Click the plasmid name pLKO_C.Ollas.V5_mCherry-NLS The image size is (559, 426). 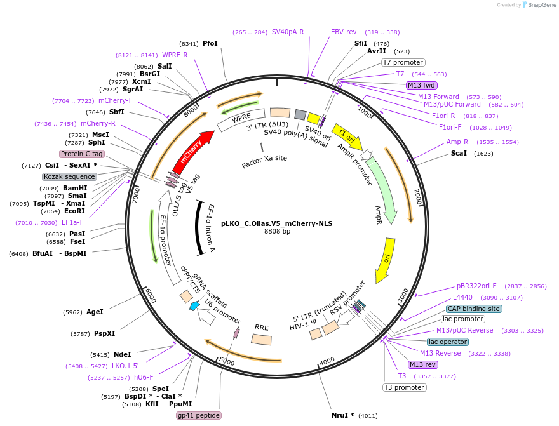click(x=277, y=223)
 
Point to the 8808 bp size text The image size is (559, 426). click(x=277, y=232)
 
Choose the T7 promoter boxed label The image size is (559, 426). click(x=403, y=62)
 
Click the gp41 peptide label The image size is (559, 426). click(x=199, y=415)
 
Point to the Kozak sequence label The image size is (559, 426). click(x=70, y=176)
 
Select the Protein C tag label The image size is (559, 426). click(x=82, y=154)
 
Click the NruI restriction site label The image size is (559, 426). click(x=343, y=415)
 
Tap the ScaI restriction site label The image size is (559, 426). click(x=458, y=153)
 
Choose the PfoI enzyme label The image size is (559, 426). click(x=210, y=43)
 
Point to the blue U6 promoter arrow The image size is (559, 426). click(x=195, y=306)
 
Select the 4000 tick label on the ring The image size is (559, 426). click(x=327, y=361)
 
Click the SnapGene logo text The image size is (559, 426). click(x=538, y=5)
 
